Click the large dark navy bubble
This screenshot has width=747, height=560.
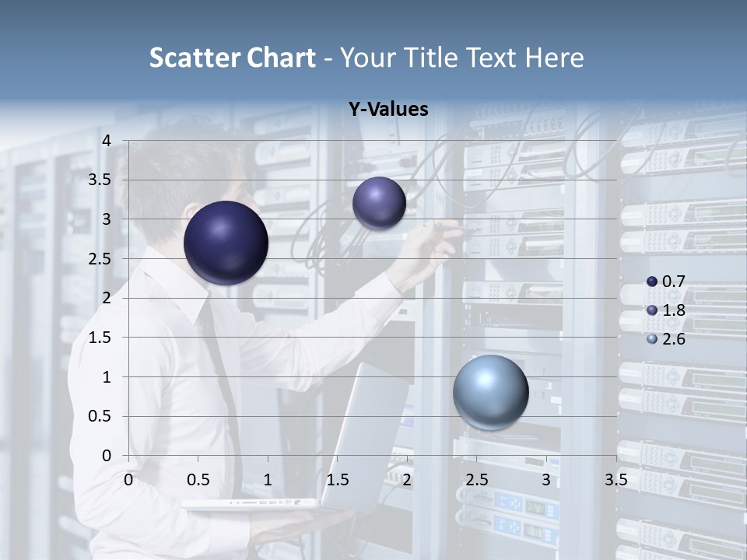click(226, 243)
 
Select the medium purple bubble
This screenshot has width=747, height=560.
click(379, 203)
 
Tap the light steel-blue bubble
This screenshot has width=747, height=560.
click(490, 393)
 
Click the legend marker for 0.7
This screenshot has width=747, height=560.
click(652, 282)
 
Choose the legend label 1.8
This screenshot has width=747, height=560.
click(673, 310)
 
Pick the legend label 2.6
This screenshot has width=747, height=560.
click(673, 339)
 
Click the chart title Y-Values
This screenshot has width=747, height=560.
click(388, 110)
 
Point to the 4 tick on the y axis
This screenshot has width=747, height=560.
click(107, 141)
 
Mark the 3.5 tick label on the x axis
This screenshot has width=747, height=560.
click(615, 479)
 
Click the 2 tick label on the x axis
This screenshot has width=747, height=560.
click(407, 479)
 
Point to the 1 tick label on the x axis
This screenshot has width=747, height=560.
click(268, 479)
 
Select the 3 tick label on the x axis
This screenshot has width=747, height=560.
click(546, 479)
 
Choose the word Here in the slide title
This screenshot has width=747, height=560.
click(554, 58)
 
